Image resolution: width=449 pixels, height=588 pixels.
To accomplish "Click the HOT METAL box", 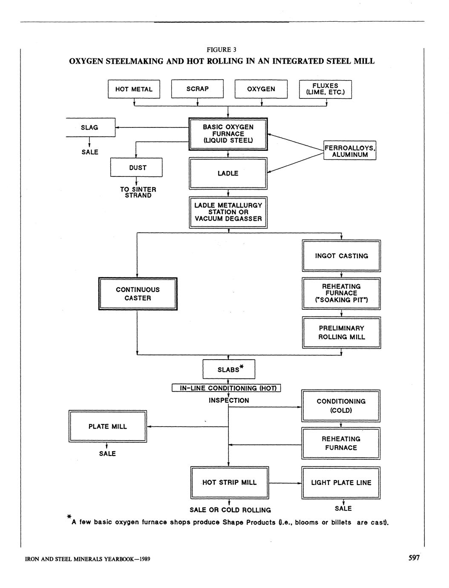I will click(134, 89).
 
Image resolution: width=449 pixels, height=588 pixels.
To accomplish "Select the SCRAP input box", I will click(197, 89).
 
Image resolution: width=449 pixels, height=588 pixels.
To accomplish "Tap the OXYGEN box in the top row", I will click(261, 89).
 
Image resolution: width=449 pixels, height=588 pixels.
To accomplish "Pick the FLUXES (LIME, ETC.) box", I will click(325, 89).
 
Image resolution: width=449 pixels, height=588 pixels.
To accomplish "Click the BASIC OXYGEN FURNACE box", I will click(228, 134).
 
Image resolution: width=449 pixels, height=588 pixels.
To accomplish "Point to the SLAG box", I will click(90, 127).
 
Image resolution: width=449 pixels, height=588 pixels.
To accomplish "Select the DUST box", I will click(136, 167).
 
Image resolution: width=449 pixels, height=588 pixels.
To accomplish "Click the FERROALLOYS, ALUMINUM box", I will click(350, 151).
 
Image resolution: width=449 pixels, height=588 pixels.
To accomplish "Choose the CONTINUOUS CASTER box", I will click(138, 294).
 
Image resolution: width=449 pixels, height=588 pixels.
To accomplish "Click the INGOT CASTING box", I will click(341, 256).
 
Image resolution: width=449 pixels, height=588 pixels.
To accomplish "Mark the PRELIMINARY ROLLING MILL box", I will click(341, 332).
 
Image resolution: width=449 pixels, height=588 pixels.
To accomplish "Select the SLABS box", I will click(229, 369).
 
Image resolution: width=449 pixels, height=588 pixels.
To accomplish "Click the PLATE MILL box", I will click(108, 427).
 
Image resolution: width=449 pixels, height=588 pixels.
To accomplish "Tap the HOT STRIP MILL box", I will click(229, 482).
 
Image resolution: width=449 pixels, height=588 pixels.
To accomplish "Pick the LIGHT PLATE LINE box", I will click(341, 482).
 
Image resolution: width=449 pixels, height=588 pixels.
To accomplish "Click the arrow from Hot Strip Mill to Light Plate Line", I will click(285, 483).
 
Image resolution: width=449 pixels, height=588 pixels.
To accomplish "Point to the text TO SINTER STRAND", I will click(138, 192).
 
